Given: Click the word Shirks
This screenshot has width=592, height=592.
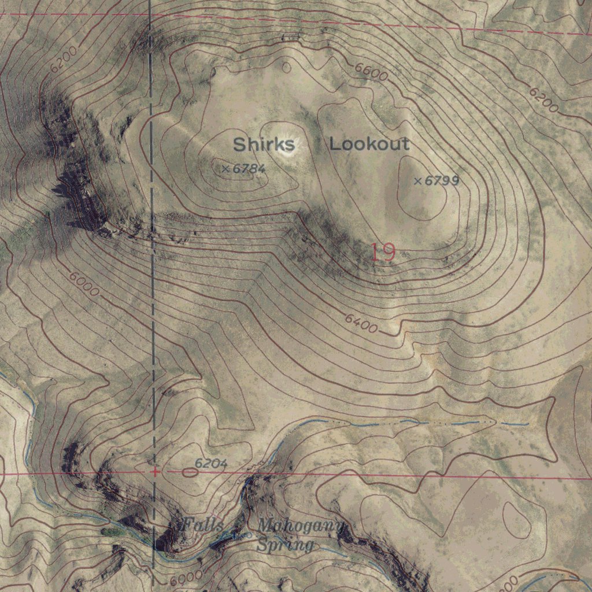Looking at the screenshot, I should pos(264,144).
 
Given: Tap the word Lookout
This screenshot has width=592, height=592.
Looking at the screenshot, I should pos(369,144).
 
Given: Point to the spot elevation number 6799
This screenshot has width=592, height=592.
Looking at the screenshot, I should pos(442,181).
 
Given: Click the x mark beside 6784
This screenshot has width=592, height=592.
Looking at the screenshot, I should pos(225,169).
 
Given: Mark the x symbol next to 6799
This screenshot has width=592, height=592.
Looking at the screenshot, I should pos(418,181).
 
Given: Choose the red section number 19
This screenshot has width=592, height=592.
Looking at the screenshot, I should pos(382,253).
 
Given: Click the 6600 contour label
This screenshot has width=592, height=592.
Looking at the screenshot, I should pos(371,72).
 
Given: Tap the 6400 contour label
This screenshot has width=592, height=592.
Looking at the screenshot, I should pos(361,323).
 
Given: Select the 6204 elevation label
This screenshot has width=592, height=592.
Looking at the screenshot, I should pos(210,464).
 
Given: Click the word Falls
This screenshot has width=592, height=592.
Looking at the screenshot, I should pos(203,526).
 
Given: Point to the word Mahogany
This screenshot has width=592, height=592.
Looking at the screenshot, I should pos(301,526).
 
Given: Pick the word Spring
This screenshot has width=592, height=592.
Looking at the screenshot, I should pos(286,545).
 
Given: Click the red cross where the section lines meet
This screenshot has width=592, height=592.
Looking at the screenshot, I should pos(154,472).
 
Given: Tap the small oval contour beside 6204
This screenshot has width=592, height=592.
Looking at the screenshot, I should pos(190,472).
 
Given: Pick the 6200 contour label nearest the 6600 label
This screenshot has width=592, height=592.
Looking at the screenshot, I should pos(544,100).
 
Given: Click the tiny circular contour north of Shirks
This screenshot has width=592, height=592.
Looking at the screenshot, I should pos(286,67).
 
